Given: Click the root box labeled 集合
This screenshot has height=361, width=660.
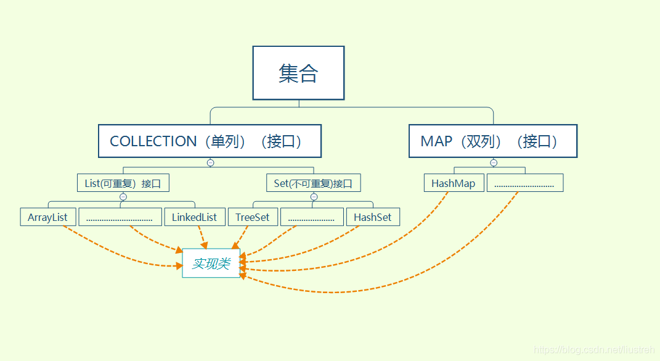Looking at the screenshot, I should click(298, 73).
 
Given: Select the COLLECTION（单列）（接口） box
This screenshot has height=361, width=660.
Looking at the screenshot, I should click(210, 141).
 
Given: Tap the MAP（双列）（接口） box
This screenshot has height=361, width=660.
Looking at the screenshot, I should click(493, 141).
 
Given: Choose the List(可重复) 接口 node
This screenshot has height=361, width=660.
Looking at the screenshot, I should click(123, 183).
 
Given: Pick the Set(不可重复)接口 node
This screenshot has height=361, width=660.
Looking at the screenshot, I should click(314, 183).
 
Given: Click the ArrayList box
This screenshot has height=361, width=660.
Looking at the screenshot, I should click(48, 217).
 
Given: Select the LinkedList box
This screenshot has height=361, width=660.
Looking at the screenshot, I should click(194, 217).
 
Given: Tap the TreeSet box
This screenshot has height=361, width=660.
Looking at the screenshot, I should click(253, 217).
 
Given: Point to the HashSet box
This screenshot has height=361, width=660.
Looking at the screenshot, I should click(373, 217).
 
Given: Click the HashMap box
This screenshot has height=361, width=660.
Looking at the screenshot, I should click(454, 183).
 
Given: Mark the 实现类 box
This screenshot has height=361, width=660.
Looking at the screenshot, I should click(211, 263).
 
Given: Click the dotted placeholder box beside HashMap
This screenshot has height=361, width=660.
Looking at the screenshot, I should click(525, 183).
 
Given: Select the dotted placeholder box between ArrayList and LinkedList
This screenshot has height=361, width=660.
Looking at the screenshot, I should click(120, 217).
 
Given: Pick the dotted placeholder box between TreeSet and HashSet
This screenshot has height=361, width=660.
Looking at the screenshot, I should click(312, 217).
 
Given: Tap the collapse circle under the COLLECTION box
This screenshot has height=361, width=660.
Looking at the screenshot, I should click(210, 163).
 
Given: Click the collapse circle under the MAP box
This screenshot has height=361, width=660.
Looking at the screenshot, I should click(493, 163).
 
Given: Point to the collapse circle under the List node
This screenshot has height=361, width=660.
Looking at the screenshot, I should click(123, 197).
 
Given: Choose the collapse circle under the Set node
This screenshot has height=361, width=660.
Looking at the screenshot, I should click(314, 197).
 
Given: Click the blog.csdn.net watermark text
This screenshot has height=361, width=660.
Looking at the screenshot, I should click(593, 350).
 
